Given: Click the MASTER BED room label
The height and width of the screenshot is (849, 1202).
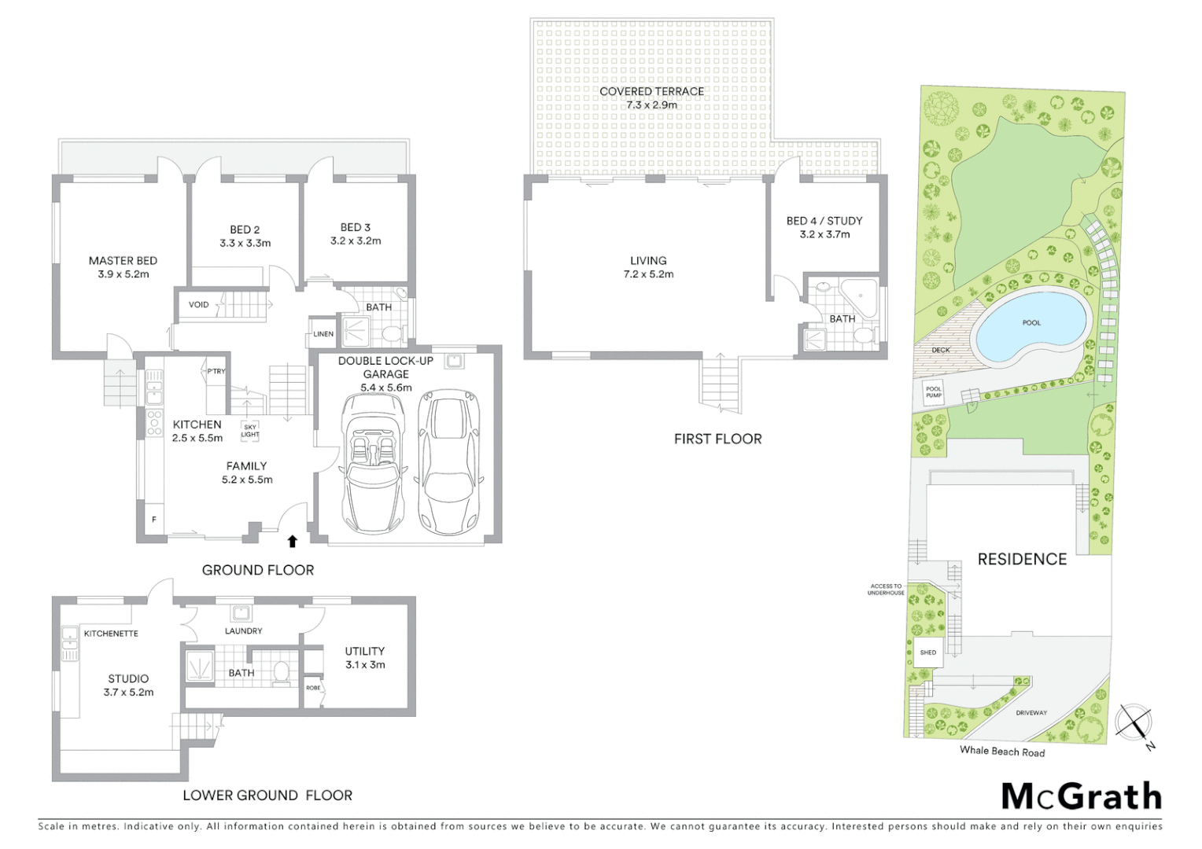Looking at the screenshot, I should pyautogui.click(x=123, y=261).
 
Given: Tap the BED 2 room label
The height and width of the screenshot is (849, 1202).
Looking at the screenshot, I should pyautogui.click(x=245, y=230).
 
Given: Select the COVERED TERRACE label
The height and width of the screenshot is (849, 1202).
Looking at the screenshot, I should pyautogui.click(x=651, y=91).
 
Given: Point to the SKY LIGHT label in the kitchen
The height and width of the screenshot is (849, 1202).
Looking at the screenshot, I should pyautogui.click(x=250, y=431).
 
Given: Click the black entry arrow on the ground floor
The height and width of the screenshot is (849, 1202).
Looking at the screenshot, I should pyautogui.click(x=293, y=541).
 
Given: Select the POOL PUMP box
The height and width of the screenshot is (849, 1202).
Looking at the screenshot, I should pyautogui.click(x=933, y=391).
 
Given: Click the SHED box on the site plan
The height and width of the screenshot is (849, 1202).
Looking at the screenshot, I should pyautogui.click(x=928, y=652).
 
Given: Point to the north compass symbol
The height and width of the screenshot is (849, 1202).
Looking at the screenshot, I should pyautogui.click(x=1134, y=722).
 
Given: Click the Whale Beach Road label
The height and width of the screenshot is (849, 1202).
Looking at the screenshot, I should pyautogui.click(x=1001, y=751).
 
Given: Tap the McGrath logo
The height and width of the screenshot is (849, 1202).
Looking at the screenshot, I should pyautogui.click(x=1081, y=796).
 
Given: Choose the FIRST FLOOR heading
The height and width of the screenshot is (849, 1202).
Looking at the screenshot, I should pyautogui.click(x=717, y=439).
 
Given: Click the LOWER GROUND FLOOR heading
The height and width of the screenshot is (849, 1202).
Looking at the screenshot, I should pyautogui.click(x=267, y=796).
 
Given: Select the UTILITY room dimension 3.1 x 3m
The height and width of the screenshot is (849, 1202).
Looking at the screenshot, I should pyautogui.click(x=365, y=665).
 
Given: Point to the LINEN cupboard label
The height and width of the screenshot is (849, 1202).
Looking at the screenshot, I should pyautogui.click(x=323, y=334).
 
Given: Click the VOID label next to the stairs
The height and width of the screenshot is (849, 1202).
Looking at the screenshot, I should pyautogui.click(x=199, y=304).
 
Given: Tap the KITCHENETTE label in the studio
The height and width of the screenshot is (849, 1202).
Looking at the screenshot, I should pyautogui.click(x=111, y=633).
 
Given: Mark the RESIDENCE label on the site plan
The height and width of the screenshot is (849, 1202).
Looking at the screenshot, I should pyautogui.click(x=1022, y=559).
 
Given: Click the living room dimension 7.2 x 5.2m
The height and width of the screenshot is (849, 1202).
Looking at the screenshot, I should pyautogui.click(x=648, y=274).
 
